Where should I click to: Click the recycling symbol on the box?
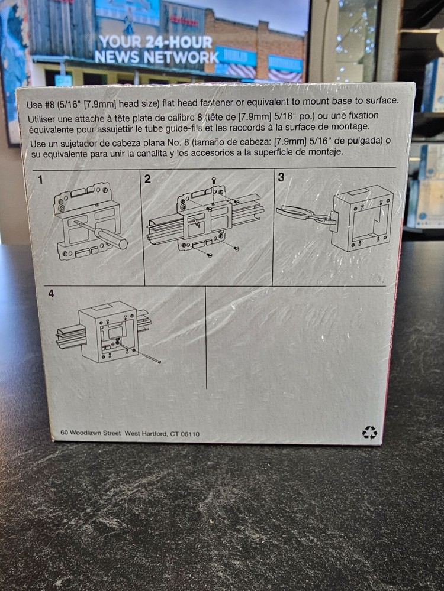point(369,433)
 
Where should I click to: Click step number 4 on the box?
point(51,293)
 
